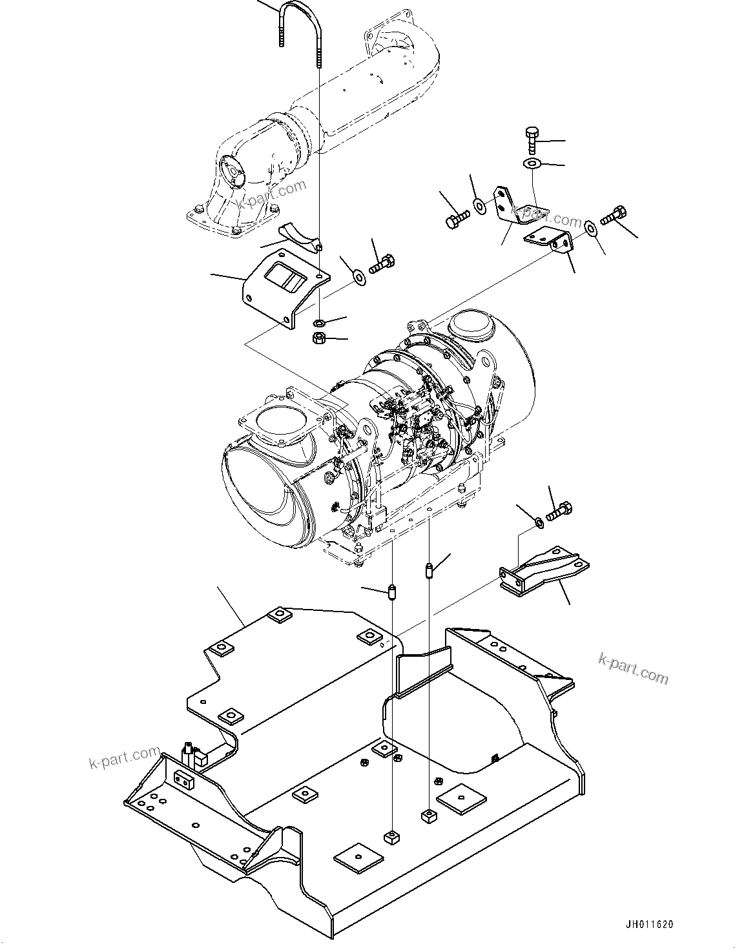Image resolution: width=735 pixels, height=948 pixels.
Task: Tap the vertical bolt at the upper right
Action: coord(531,140)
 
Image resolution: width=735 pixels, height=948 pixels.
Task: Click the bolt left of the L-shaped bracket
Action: coord(455,220)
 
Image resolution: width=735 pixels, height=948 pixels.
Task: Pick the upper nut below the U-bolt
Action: coord(318,322)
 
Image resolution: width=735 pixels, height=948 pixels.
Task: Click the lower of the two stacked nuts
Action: coord(318,338)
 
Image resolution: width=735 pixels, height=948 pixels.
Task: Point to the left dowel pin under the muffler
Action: coord(391,591)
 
